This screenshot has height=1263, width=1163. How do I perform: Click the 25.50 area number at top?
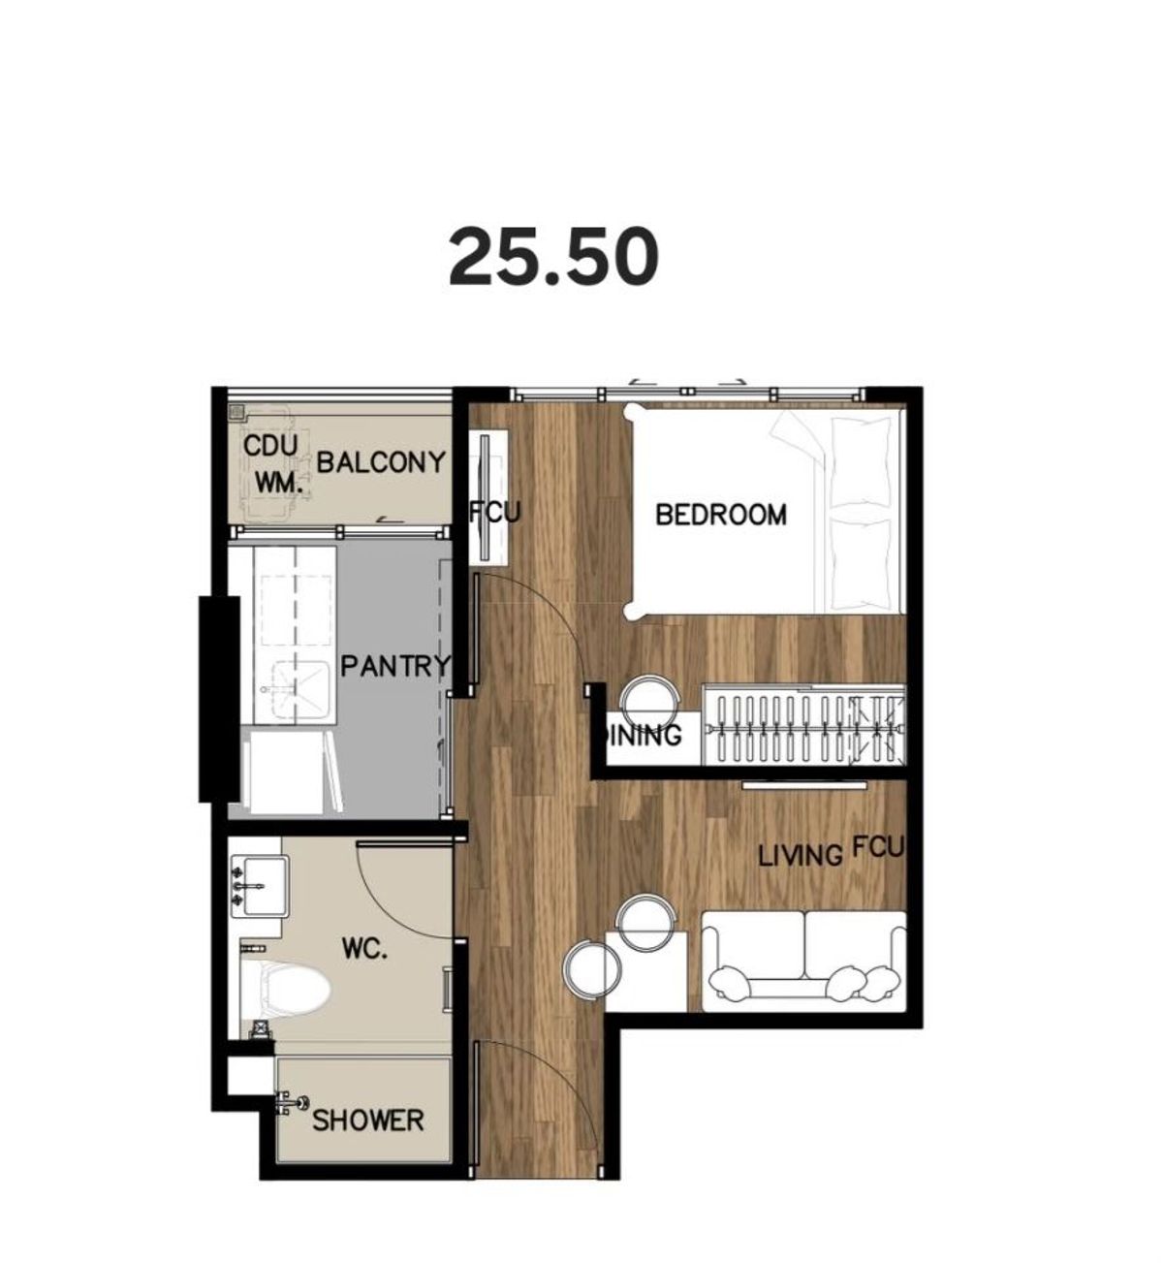(x=553, y=257)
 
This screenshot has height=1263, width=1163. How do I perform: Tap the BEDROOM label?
(x=721, y=515)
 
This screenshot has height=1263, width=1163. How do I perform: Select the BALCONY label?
(x=380, y=462)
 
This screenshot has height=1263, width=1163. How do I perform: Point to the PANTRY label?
(x=396, y=666)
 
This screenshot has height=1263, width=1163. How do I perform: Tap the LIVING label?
(x=800, y=856)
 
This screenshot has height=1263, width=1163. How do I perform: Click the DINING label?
(x=641, y=735)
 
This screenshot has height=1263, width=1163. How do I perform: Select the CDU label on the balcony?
(x=270, y=446)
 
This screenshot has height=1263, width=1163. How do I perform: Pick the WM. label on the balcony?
(x=278, y=485)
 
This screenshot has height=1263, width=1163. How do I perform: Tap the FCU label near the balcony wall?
(x=496, y=513)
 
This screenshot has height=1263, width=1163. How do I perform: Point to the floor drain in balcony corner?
(x=236, y=413)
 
